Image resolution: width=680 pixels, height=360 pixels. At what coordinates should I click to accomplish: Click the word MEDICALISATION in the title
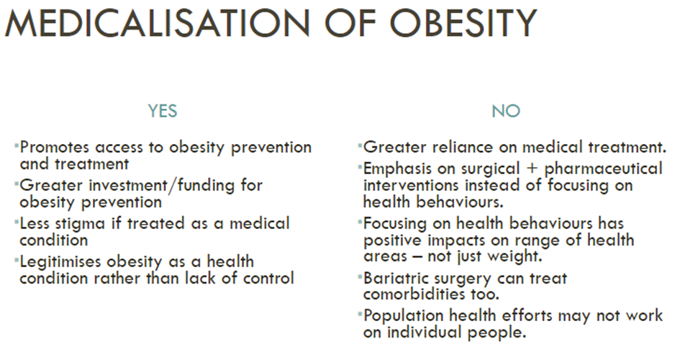[x=157, y=23]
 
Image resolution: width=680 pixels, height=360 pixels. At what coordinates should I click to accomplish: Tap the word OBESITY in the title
[x=463, y=23]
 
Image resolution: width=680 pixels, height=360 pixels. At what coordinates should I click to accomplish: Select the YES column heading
[x=163, y=111]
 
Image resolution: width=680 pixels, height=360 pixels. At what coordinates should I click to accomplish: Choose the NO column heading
[x=506, y=111]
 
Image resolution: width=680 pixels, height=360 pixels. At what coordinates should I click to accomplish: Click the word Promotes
[x=55, y=147]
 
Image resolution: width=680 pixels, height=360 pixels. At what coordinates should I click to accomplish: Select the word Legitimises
[x=60, y=262]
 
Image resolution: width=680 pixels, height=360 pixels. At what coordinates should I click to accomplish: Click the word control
[x=268, y=278]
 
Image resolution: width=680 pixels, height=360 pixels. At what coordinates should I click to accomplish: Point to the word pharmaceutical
[x=603, y=168]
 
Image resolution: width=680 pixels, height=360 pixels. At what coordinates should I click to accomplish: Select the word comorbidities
[x=414, y=294]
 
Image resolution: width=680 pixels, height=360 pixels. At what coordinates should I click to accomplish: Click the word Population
[x=403, y=316]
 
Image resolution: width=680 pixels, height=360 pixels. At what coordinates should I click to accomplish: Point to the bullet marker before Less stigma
[x=17, y=220]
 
